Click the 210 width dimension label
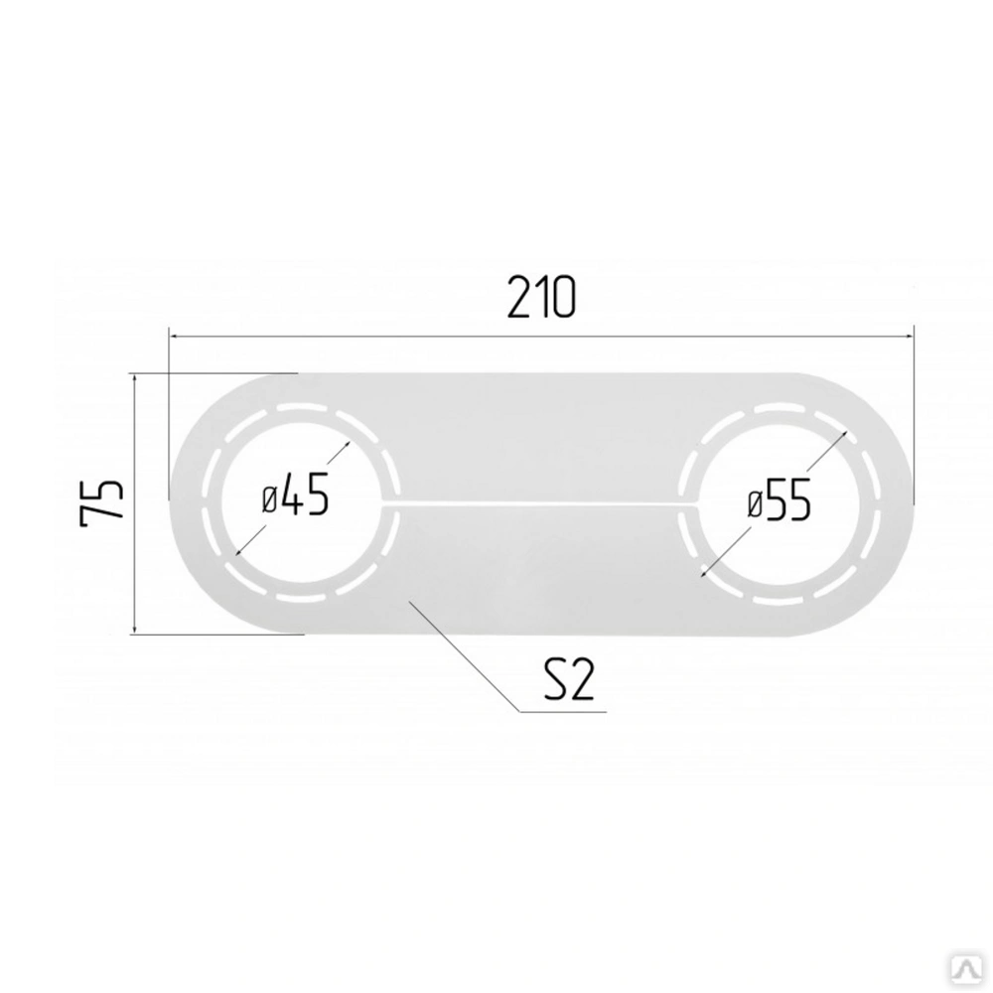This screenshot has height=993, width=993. [x=541, y=297]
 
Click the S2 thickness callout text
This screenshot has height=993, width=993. [x=569, y=678]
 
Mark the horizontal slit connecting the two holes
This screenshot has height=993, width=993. [x=540, y=505]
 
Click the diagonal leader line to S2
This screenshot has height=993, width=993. [x=464, y=655]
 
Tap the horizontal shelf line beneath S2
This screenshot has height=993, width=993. [x=563, y=712]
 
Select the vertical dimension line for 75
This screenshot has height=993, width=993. [x=135, y=503]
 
